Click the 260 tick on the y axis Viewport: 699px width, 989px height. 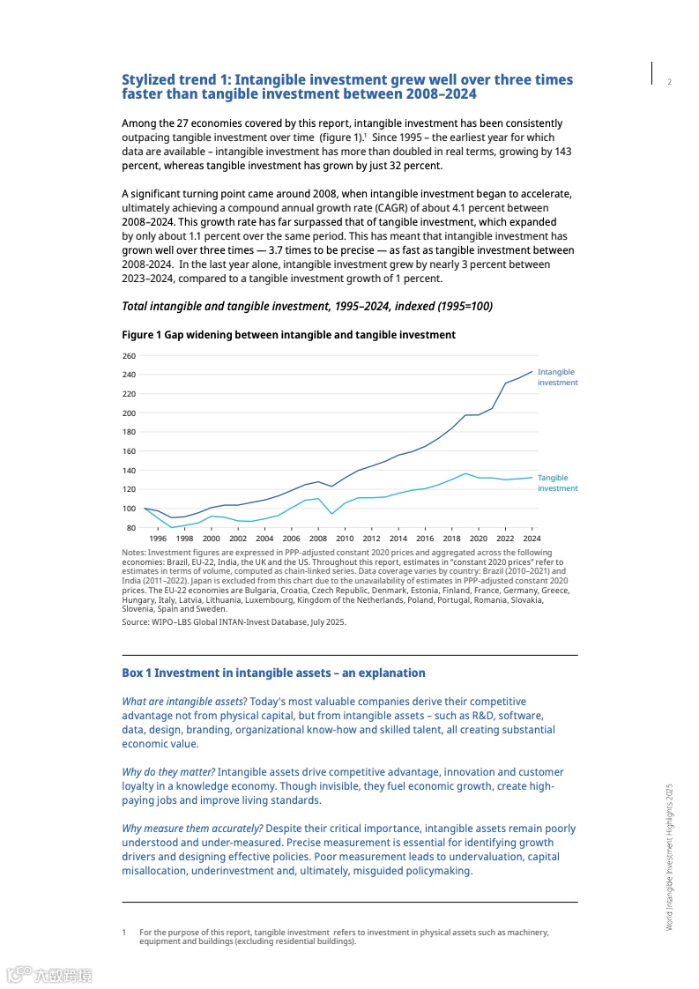pyautogui.click(x=129, y=356)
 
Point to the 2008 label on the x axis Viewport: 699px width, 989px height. pyautogui.click(x=318, y=538)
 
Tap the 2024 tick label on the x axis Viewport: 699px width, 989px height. pyautogui.click(x=532, y=538)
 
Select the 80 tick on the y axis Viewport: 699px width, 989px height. pyautogui.click(x=130, y=528)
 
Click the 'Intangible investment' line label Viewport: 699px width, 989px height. pyautogui.click(x=557, y=377)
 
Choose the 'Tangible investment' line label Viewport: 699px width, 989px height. pyautogui.click(x=557, y=483)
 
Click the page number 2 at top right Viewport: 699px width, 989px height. pyautogui.click(x=669, y=83)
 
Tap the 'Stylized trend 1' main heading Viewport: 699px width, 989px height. pyautogui.click(x=346, y=86)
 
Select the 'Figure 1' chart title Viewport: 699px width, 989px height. pyautogui.click(x=288, y=335)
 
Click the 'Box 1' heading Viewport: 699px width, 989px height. pyautogui.click(x=273, y=673)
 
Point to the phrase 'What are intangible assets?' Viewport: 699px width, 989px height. pyautogui.click(x=183, y=702)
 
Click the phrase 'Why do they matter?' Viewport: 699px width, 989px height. pyautogui.click(x=168, y=772)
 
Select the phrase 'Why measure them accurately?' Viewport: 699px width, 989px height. pyautogui.click(x=191, y=829)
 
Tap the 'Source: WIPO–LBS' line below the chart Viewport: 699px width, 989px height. pyautogui.click(x=234, y=621)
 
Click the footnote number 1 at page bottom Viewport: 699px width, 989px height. pyautogui.click(x=124, y=932)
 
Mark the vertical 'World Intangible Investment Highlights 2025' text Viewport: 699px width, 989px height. pyautogui.click(x=669, y=856)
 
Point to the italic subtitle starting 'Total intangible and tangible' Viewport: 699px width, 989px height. pyautogui.click(x=307, y=306)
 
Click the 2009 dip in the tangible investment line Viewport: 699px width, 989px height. pyautogui.click(x=331, y=514)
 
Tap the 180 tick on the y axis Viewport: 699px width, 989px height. pyautogui.click(x=129, y=432)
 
